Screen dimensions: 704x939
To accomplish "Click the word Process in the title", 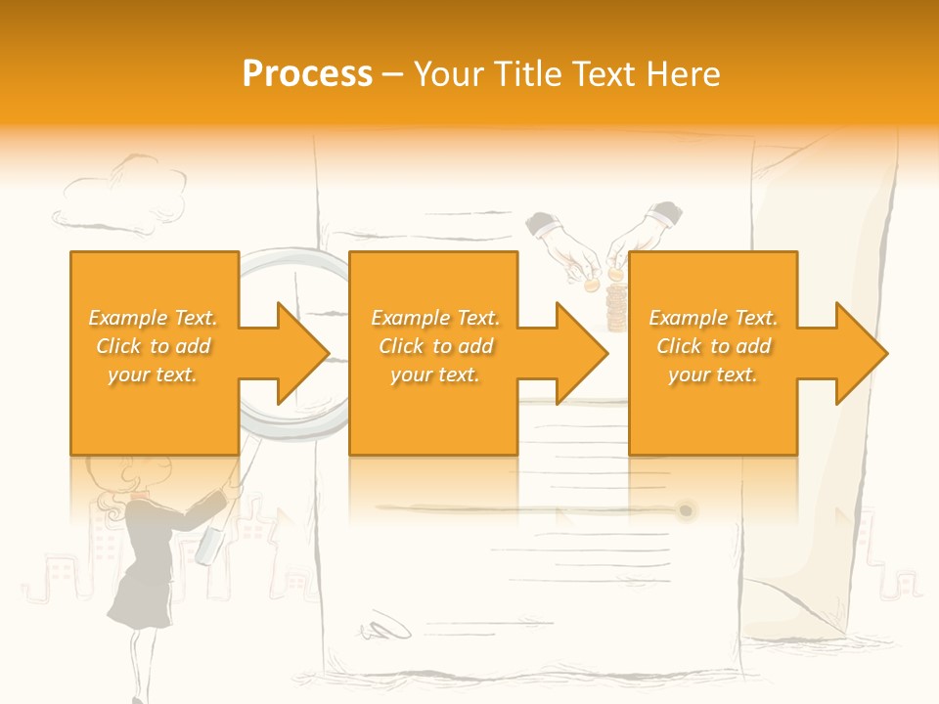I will pos(307,74).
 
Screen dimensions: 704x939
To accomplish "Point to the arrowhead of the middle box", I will pos(581,353).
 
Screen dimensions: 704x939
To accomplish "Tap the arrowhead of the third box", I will pos(861,353).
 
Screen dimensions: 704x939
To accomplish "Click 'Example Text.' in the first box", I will pos(154,318).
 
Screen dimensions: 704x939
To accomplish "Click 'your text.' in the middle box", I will pos(434,374).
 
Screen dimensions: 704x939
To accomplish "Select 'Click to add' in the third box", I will pos(714,346).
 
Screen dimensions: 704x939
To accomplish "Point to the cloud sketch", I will pos(121,196).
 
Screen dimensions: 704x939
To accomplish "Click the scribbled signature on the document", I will pos(385,626).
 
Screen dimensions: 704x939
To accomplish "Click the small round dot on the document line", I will pos(686,510).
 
